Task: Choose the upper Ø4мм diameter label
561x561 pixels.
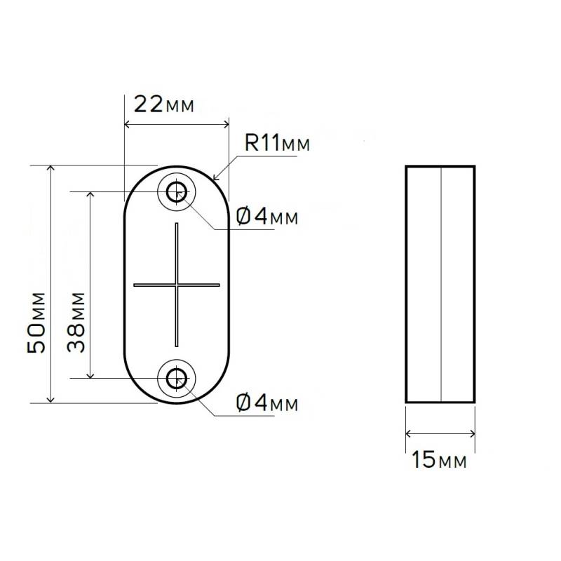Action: coord(267,217)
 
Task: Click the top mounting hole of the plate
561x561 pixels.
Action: coord(176,190)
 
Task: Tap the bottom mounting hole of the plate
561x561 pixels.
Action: coord(176,378)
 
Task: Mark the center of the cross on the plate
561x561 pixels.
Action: coord(177,285)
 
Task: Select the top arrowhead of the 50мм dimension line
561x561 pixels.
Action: coord(50,168)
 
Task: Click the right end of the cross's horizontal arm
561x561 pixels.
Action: coord(220,285)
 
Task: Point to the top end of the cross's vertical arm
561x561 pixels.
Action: coord(177,224)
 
